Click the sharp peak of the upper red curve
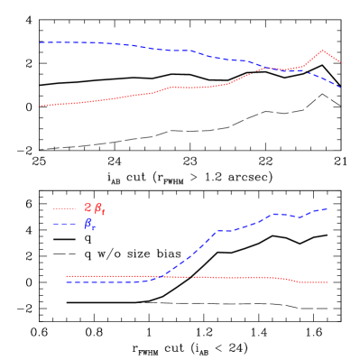322,51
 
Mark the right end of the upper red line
340,62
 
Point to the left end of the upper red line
40,106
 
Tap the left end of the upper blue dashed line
40,42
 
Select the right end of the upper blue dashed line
340,88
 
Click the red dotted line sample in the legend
65,208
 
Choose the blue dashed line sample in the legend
65,224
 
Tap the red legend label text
95,208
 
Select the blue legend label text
90,224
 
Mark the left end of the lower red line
67,276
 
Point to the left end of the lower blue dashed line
67,282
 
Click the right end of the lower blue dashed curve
328,208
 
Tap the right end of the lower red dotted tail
328,282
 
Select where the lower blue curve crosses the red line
161,276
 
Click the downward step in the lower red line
291,280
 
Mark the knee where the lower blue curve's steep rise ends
217,231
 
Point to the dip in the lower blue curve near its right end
298,217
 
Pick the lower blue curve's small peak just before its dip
275,214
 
